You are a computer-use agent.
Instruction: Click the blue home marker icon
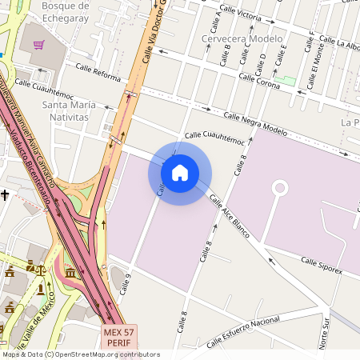180,172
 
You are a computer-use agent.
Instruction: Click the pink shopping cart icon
38,44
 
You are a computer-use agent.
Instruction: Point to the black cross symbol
5,194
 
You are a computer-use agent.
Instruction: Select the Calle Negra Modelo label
255,123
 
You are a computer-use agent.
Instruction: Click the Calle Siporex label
322,266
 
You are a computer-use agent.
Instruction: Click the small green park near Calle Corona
287,81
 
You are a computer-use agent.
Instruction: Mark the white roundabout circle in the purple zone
280,188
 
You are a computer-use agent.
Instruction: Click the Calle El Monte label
318,58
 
